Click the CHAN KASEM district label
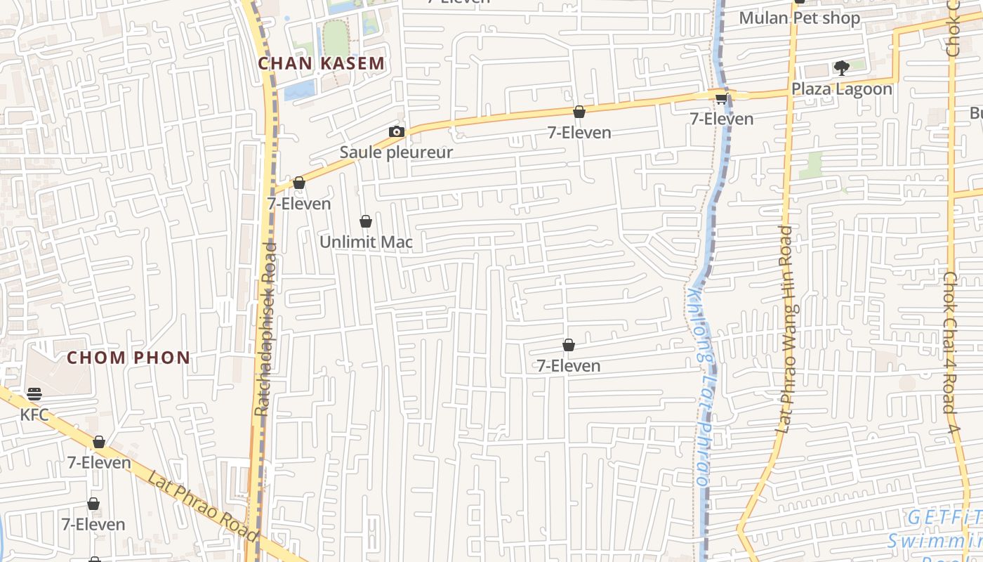click(322, 63)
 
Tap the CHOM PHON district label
click(128, 358)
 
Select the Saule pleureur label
click(396, 152)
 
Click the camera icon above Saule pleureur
click(397, 131)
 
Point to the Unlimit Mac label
click(366, 242)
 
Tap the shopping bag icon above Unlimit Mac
click(366, 222)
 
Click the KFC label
click(34, 414)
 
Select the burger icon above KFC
click(34, 393)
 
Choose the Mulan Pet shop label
click(799, 18)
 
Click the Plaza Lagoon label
click(842, 89)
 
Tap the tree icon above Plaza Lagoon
click(841, 68)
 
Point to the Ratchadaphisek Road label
click(267, 329)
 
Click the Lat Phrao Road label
click(203, 506)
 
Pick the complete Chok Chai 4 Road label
click(950, 351)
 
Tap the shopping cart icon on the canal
click(721, 98)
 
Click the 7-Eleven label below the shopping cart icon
click(722, 119)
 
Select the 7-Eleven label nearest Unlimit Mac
click(299, 204)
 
